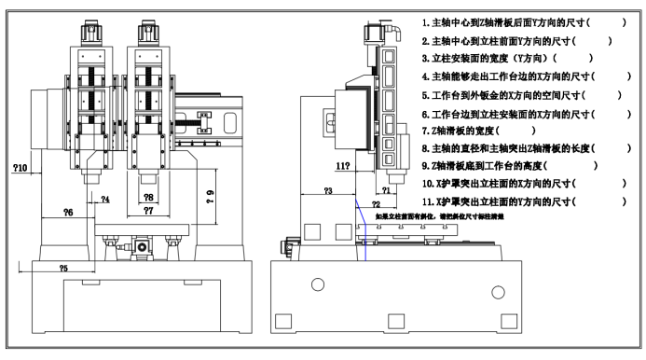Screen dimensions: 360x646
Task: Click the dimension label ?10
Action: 21,168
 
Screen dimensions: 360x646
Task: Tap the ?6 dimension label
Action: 68,213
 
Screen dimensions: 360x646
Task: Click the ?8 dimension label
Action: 148,198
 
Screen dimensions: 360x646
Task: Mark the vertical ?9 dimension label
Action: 211,193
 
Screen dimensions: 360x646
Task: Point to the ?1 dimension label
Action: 388,190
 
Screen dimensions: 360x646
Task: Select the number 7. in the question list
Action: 426,131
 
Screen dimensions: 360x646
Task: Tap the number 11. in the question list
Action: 429,202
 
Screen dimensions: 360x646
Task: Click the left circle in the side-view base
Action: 317,284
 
